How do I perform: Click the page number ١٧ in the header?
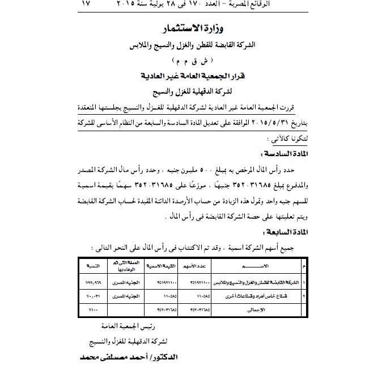point(86,5)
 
